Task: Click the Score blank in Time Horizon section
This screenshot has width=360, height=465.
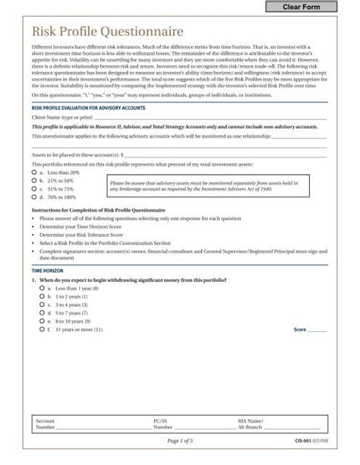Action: [x=317, y=331]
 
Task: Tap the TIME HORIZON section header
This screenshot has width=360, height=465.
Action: [x=47, y=270]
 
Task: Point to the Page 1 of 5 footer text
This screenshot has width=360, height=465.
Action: [x=180, y=441]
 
